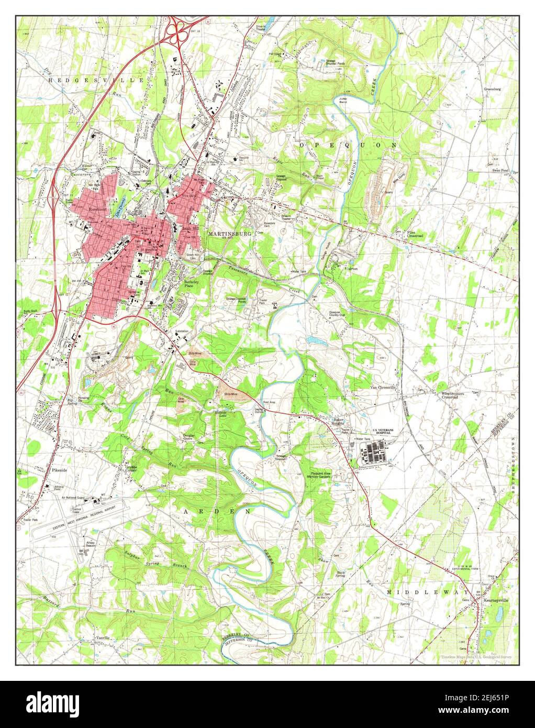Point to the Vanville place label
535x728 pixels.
[104, 638]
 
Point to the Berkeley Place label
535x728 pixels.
[192, 284]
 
